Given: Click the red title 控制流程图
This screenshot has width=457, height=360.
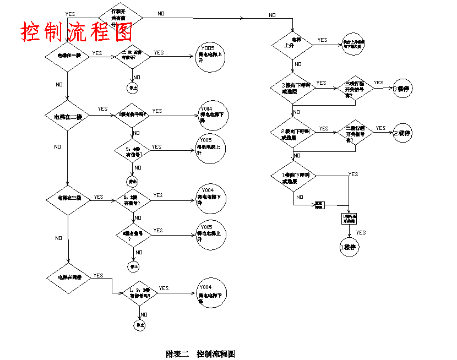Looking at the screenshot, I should tap(77, 32).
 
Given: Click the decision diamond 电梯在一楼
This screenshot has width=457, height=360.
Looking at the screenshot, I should tap(66, 55).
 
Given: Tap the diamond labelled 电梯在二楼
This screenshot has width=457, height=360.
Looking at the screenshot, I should tap(67, 116).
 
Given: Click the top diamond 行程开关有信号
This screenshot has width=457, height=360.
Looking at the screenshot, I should tap(121, 18).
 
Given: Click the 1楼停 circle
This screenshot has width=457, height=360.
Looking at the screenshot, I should tap(349, 247).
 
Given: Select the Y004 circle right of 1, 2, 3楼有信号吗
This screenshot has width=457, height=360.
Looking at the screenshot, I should tap(210, 292).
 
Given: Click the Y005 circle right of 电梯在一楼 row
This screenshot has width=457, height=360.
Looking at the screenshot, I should tap(209, 58).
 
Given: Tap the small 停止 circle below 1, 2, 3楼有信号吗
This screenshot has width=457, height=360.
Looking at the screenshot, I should tap(138, 325).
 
